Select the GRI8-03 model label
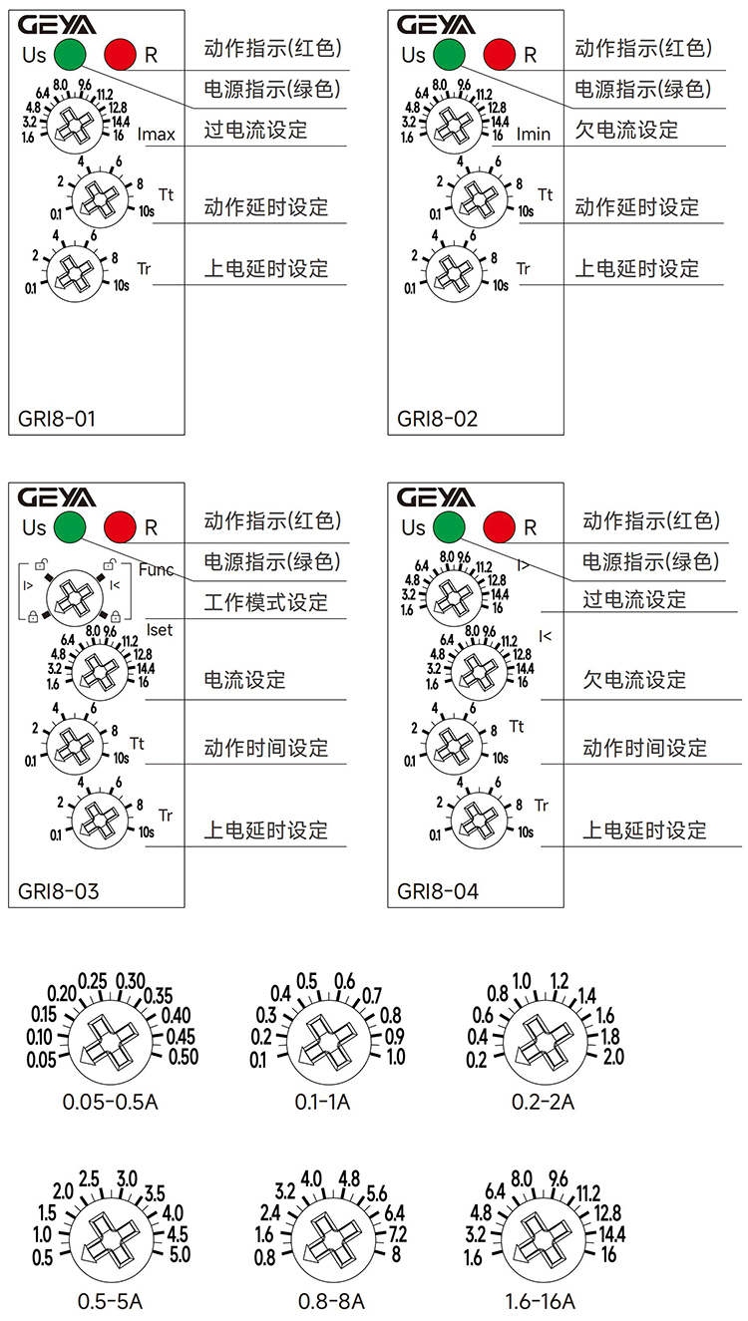[x=59, y=891]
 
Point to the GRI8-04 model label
[x=438, y=891]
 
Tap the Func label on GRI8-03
[x=157, y=570]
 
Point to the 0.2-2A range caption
[x=543, y=1103]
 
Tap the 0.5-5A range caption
[x=110, y=1302]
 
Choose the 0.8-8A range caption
[x=331, y=1302]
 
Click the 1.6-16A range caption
[x=541, y=1302]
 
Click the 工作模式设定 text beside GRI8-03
[x=265, y=602]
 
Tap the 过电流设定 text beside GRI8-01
[x=255, y=130]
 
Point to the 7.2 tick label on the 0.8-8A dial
[x=396, y=1234]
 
